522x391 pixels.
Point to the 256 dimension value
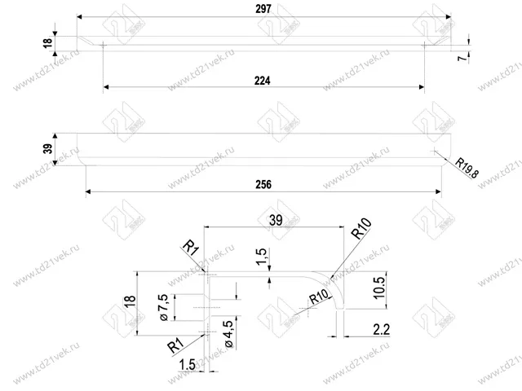(x=263, y=185)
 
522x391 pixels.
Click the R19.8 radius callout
(x=467, y=169)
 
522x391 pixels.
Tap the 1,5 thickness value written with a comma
(x=260, y=259)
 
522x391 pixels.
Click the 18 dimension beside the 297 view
(x=46, y=42)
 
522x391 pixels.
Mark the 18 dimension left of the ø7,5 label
(x=128, y=301)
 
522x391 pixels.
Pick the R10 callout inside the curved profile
(x=318, y=298)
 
